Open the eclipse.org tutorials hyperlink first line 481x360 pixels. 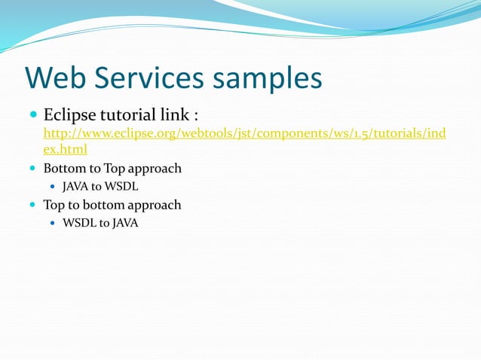pyautogui.click(x=245, y=134)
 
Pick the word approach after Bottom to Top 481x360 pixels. pyautogui.click(x=155, y=169)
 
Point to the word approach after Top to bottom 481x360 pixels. pyautogui.click(x=155, y=205)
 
